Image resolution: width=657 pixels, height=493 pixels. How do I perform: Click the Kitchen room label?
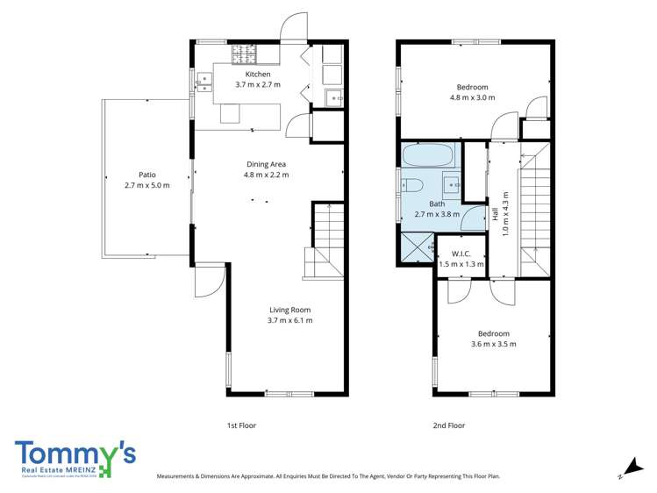(x=257, y=75)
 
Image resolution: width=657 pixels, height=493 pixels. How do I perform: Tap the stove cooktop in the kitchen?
(x=244, y=54)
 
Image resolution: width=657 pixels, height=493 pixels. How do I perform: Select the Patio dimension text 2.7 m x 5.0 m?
(x=146, y=185)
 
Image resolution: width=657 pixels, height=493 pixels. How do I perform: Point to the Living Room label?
(x=289, y=310)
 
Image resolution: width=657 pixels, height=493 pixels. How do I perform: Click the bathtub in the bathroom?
(x=428, y=158)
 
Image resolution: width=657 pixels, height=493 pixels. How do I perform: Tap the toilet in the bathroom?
(x=413, y=185)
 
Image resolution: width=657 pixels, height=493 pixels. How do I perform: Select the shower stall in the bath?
(x=417, y=246)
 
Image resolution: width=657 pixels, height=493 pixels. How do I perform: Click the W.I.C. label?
(x=461, y=254)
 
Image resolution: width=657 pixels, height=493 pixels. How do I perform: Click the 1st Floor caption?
(x=241, y=425)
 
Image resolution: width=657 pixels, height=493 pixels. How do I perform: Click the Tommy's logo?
(x=75, y=458)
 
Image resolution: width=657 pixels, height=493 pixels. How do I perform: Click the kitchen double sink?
(x=204, y=83)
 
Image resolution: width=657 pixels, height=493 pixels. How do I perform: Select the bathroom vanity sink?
(x=450, y=183)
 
